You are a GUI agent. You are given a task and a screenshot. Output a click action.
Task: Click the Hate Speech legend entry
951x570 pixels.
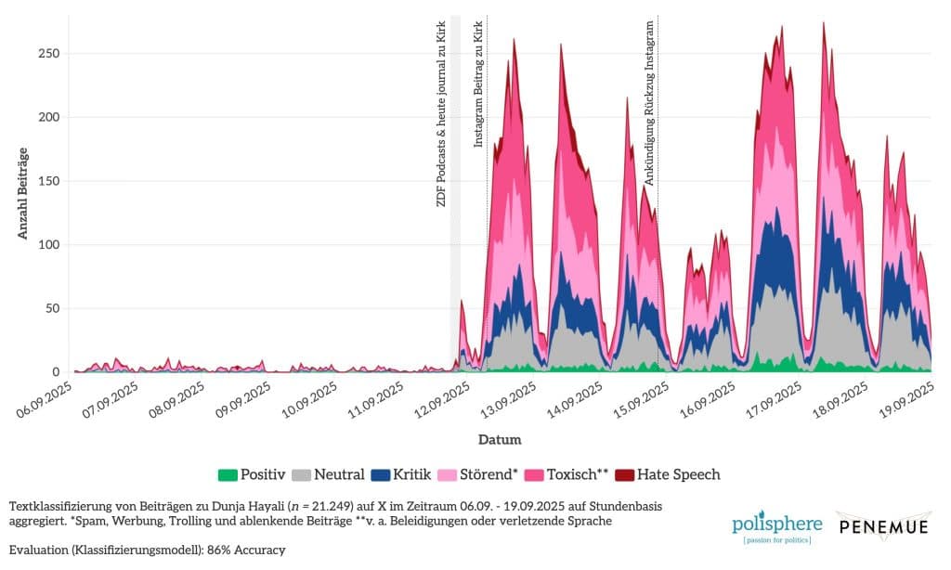[x=669, y=474]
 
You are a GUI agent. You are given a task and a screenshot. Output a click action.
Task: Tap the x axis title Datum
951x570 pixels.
[x=500, y=439]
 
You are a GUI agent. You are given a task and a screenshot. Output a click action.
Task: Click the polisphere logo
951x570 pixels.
[x=771, y=526]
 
